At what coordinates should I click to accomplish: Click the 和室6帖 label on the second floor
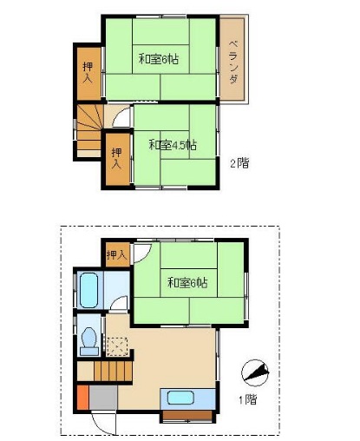point(159,60)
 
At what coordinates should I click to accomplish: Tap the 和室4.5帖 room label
point(171,145)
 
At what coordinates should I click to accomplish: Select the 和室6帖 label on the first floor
point(187,282)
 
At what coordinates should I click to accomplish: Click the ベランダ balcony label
point(234,62)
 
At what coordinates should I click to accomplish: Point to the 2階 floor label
point(239,162)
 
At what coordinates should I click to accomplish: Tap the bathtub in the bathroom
point(89,290)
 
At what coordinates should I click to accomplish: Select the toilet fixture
point(88,340)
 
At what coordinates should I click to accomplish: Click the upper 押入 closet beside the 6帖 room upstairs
point(88,72)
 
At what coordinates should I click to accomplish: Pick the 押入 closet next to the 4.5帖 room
point(116,159)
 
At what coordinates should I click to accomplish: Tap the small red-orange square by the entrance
point(82,401)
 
